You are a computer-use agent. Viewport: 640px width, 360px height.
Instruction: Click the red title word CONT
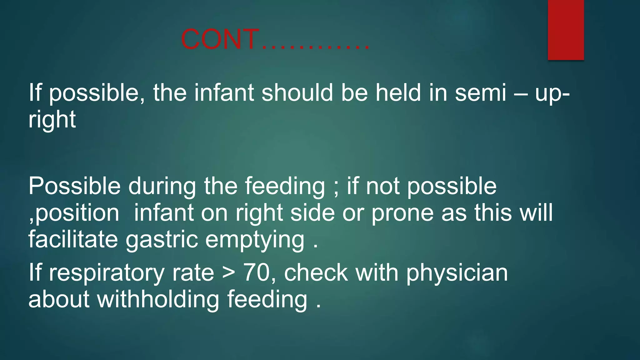[220, 39]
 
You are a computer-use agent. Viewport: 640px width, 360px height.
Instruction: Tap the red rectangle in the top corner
[566, 30]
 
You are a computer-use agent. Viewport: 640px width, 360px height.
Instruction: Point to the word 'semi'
[480, 93]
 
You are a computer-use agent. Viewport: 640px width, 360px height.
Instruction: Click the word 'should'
[297, 93]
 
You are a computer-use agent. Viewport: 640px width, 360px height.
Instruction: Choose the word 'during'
[162, 186]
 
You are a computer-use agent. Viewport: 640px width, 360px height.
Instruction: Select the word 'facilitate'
[73, 239]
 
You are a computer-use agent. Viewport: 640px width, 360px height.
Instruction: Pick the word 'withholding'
[158, 299]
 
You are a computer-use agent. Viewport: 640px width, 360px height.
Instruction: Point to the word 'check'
[316, 272]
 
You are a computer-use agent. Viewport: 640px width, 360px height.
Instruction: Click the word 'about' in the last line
[59, 299]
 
